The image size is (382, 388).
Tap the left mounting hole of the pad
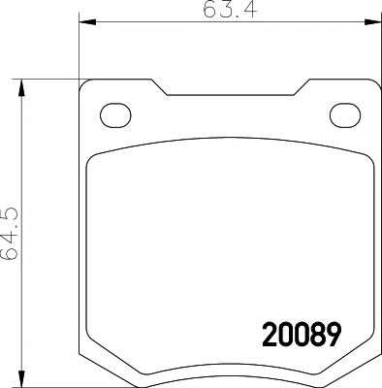pos(116,114)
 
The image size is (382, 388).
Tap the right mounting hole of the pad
pos(344,114)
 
